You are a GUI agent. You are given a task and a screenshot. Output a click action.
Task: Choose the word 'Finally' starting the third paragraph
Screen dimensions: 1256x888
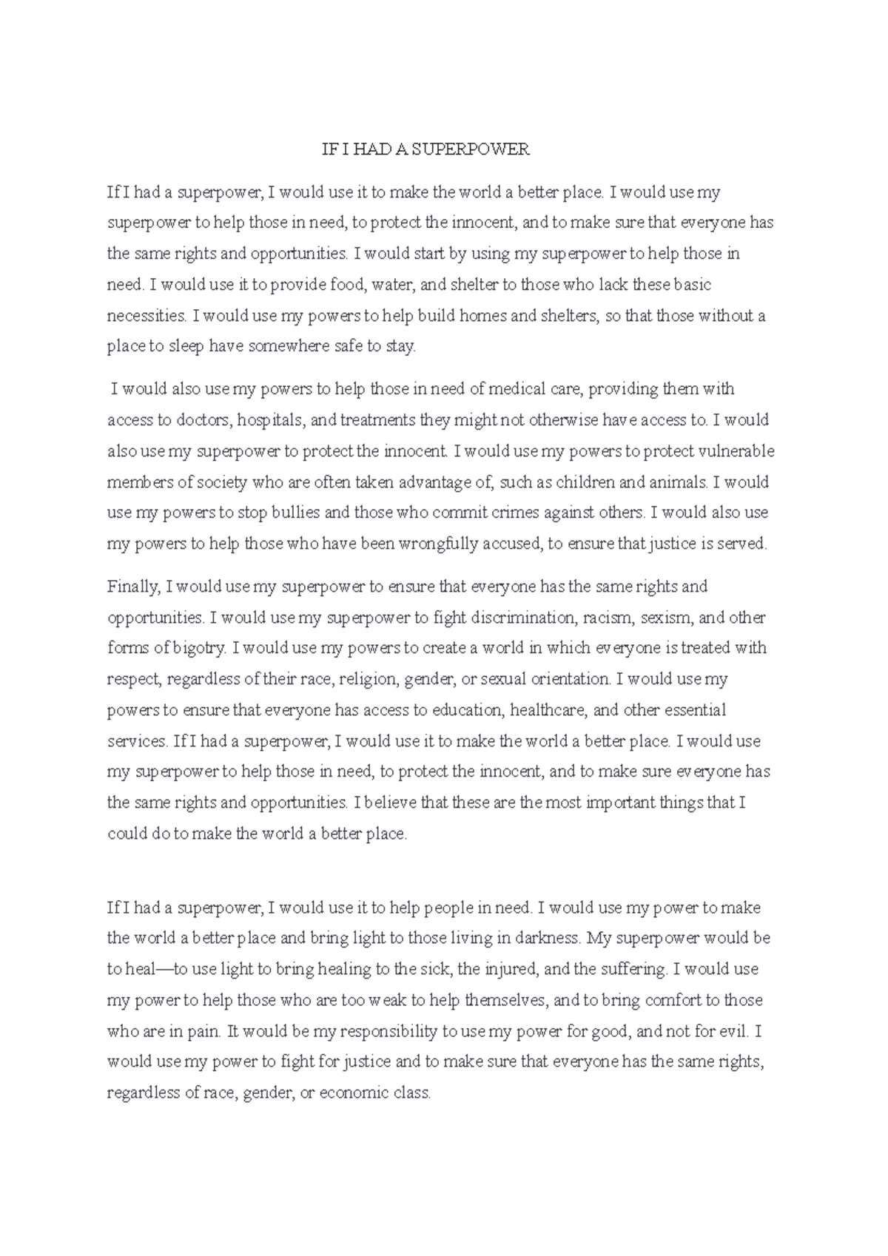(133, 587)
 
